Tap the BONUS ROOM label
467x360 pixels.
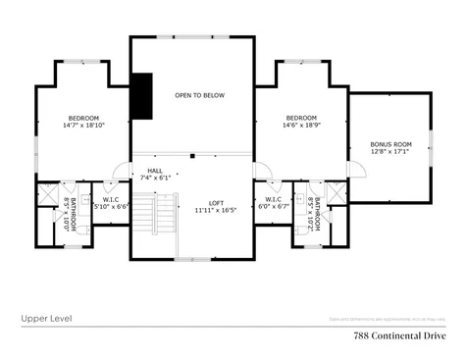point(389,144)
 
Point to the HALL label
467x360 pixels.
point(155,170)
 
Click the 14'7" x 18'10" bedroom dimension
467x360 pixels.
point(83,126)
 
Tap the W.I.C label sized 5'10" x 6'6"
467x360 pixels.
point(110,199)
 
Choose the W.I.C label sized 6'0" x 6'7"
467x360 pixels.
point(274,199)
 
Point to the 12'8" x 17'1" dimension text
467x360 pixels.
point(389,152)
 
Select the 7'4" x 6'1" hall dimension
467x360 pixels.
point(155,178)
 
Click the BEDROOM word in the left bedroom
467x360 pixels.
point(83,118)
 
